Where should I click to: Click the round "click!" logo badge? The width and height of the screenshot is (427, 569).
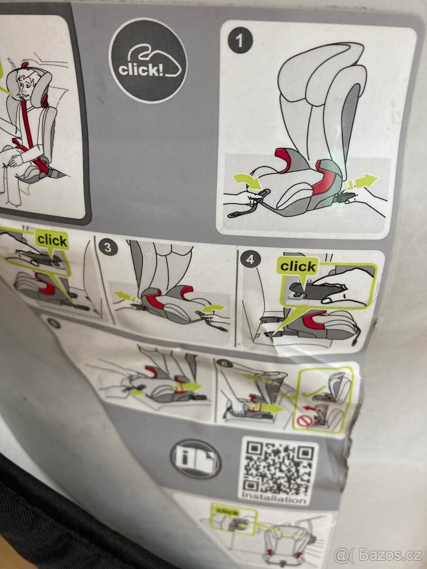(x=148, y=61)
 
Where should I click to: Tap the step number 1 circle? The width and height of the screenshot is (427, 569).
(x=240, y=41)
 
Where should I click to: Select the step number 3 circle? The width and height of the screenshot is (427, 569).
(x=108, y=247)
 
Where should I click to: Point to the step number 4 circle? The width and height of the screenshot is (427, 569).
(x=250, y=259)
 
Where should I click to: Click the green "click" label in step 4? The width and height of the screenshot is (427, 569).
(x=297, y=266)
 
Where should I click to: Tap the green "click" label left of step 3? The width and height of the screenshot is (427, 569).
(x=52, y=239)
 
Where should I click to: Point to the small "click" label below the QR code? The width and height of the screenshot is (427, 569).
(x=227, y=511)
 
